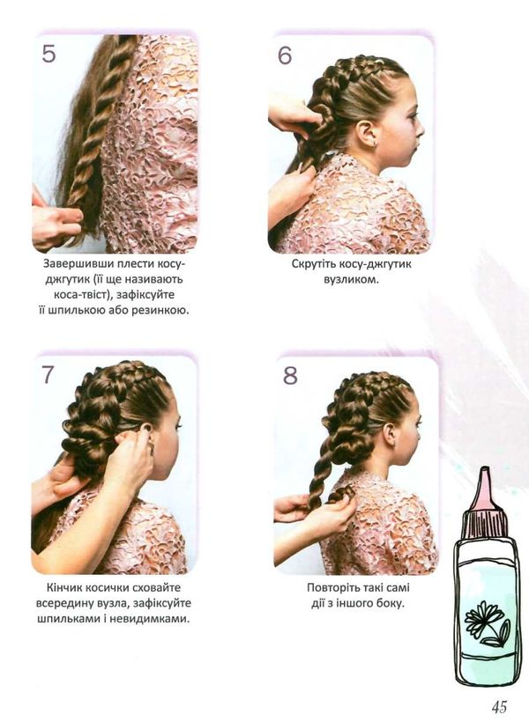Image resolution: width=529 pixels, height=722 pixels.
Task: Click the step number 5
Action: [48, 53]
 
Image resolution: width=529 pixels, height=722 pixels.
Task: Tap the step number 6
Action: [285, 55]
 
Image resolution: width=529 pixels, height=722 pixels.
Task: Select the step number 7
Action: [48, 374]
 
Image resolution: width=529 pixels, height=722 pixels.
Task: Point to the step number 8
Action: [290, 375]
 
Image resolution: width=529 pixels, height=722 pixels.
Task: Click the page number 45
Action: [499, 706]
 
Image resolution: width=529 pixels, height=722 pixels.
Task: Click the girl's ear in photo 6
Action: [369, 134]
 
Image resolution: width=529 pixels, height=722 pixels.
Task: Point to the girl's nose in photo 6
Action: [420, 130]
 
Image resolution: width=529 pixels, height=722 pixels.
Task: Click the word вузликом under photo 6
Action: [351, 279]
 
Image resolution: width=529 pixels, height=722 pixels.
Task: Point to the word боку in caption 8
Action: [391, 603]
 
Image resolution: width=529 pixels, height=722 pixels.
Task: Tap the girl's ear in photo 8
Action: [391, 435]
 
